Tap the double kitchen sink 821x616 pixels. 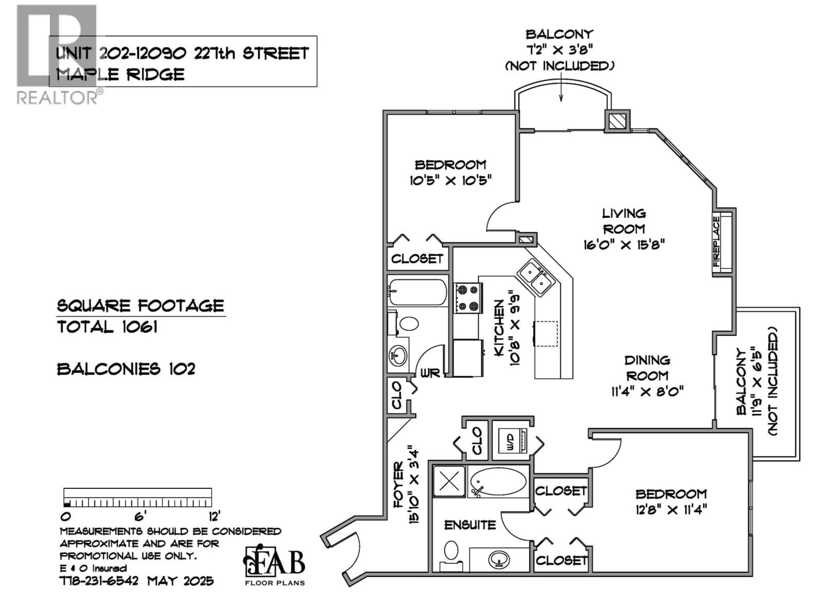click(x=536, y=278)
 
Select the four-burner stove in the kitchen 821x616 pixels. click(x=468, y=298)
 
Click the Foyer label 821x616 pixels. click(x=398, y=484)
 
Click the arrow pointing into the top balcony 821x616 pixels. click(x=561, y=89)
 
